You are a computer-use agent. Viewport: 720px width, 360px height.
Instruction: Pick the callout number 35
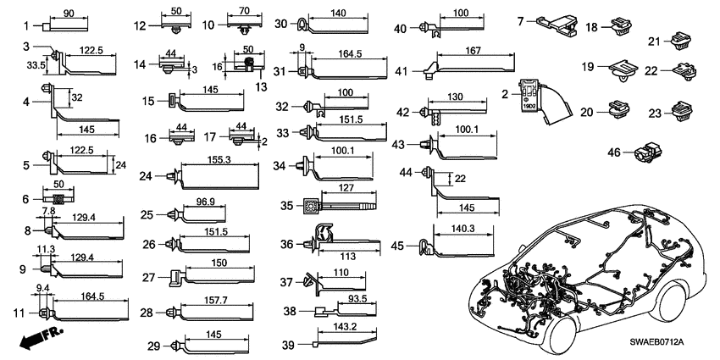pyautogui.click(x=287, y=204)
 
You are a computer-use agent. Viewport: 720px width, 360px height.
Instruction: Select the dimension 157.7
pyautogui.click(x=213, y=301)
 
